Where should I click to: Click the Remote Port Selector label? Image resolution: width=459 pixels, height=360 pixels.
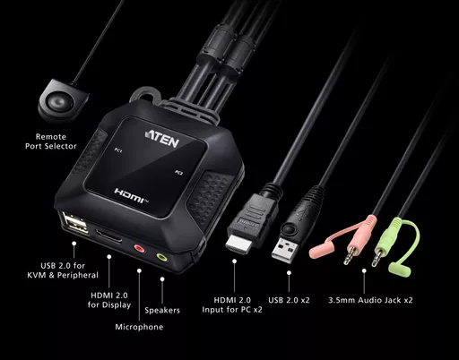pyautogui.click(x=50, y=141)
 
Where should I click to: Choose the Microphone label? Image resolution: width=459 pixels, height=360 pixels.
pyautogui.click(x=139, y=327)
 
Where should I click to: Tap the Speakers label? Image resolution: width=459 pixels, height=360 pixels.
pyautogui.click(x=162, y=311)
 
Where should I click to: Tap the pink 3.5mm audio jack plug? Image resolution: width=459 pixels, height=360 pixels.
pyautogui.click(x=352, y=253)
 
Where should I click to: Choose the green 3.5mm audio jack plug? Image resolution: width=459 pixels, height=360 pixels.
pyautogui.click(x=378, y=256)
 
